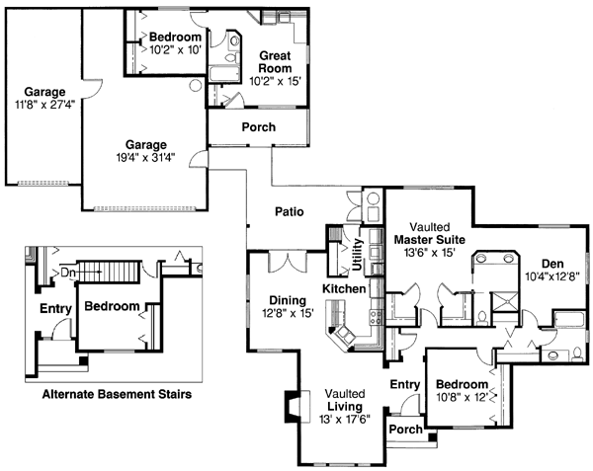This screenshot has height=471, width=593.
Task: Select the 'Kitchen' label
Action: coord(344,288)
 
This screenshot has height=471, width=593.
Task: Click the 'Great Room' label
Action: coord(275,62)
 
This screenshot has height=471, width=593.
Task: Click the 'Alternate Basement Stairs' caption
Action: coord(117,394)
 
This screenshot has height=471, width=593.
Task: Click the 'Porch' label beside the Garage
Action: coord(258,127)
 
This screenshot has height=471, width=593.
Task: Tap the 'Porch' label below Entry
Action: coord(405,430)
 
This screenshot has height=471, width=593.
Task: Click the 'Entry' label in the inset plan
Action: coord(55,309)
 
